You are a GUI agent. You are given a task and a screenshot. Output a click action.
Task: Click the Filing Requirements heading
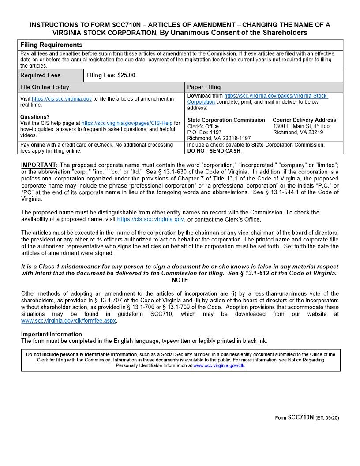(x=51, y=45)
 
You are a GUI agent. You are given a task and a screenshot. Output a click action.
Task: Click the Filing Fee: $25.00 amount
(x=111, y=75)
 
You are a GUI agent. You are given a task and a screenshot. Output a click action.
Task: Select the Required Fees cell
(x=41, y=75)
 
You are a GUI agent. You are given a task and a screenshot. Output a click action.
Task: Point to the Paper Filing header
(x=204, y=87)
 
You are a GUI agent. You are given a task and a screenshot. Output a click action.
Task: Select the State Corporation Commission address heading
(x=226, y=120)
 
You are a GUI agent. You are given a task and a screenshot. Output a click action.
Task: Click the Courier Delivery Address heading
(x=304, y=120)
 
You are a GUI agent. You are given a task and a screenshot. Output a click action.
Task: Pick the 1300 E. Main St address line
(x=302, y=126)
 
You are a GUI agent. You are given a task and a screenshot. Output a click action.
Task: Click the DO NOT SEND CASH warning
(x=214, y=151)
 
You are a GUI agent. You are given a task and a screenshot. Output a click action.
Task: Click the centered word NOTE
(x=180, y=280)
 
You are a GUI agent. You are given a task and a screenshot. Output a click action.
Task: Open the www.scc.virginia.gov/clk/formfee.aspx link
(x=68, y=321)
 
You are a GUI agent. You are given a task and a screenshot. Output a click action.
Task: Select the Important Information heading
(x=52, y=334)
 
